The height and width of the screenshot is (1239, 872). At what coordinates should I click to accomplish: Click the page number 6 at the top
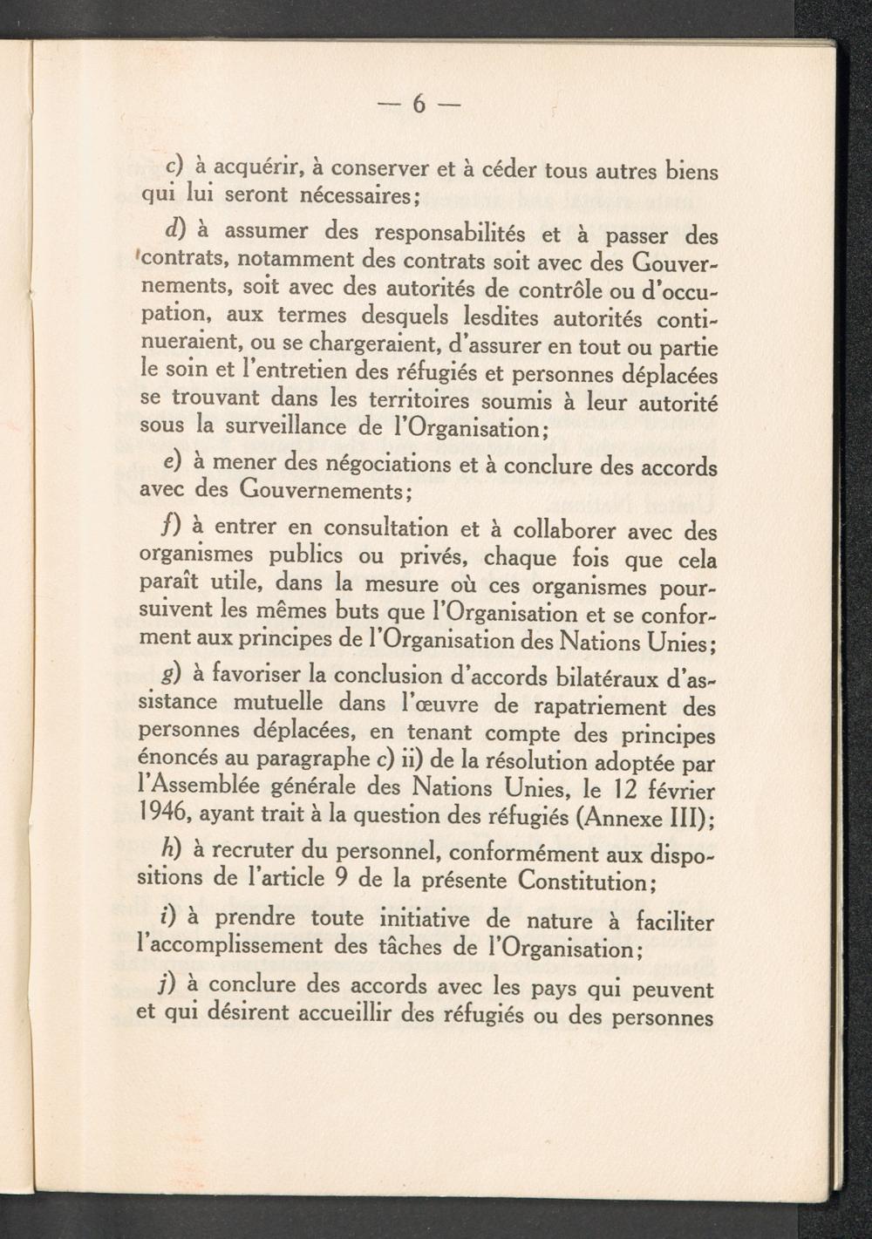coord(419,105)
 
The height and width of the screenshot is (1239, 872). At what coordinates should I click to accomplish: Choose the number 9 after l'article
coord(343,878)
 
